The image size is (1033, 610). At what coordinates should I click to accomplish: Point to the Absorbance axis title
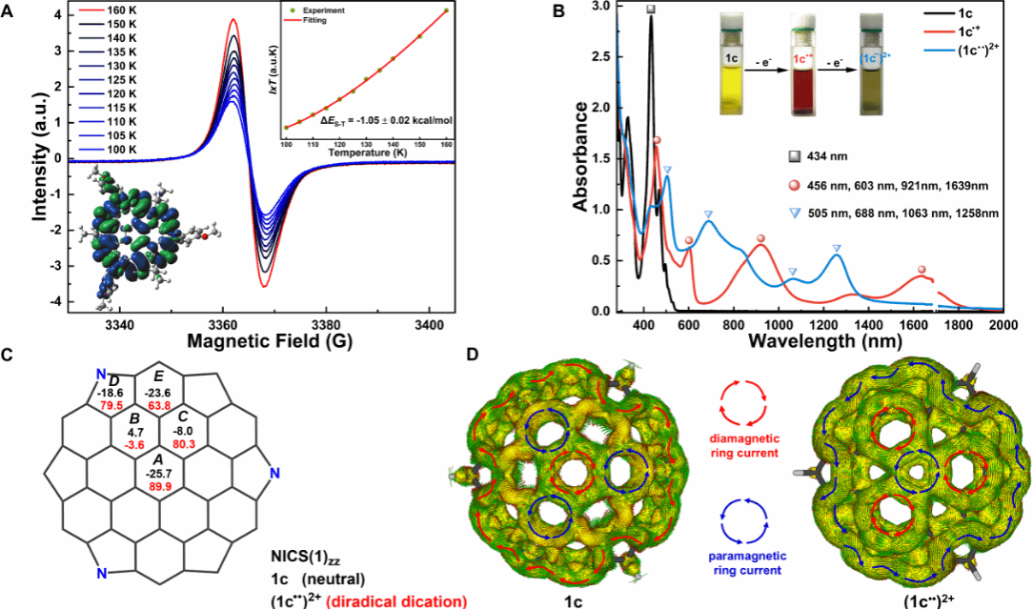point(584,157)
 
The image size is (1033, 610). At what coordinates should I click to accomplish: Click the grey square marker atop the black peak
point(651,9)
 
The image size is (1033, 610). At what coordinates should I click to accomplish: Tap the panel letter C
point(8,355)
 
